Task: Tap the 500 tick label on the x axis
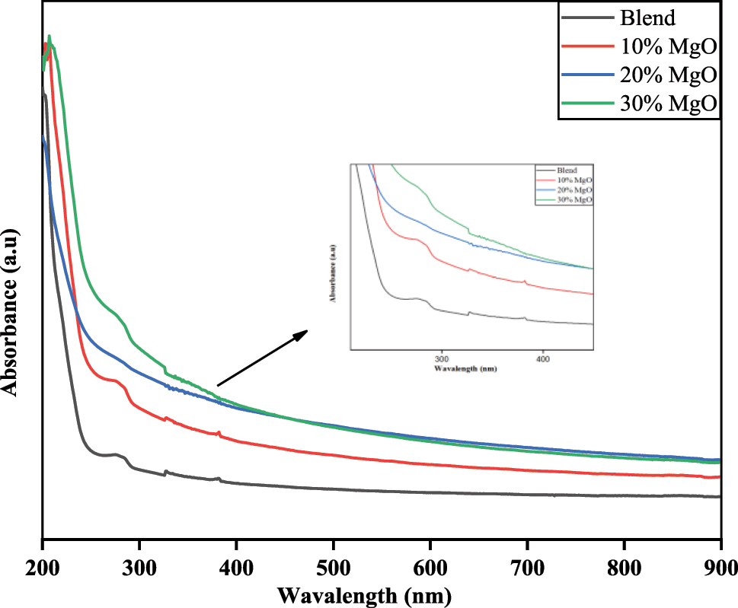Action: (x=333, y=568)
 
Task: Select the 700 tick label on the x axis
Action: (x=527, y=568)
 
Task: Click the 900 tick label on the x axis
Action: (x=719, y=568)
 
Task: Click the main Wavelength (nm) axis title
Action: (x=364, y=594)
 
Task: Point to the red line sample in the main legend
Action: (x=586, y=46)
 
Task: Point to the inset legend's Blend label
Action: (x=567, y=170)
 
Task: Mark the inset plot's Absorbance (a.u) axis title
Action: (x=334, y=270)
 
